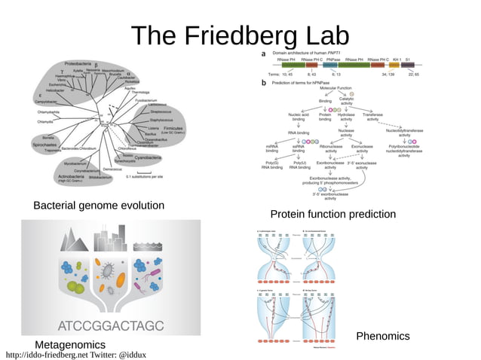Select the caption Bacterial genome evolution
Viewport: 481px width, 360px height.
coord(99,206)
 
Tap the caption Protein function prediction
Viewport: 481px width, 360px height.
coord(332,215)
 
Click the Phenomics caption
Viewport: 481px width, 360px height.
coord(382,336)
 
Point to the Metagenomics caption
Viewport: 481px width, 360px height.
coord(70,343)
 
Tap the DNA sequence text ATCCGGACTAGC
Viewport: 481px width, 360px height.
coord(110,325)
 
